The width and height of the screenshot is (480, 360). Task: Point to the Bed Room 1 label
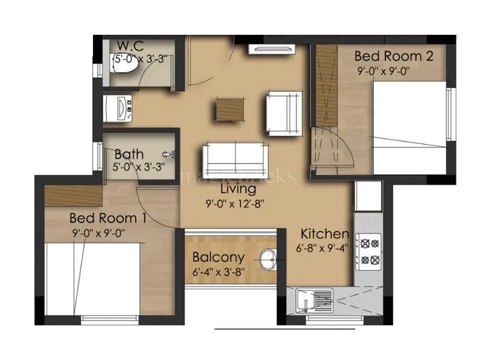[x=108, y=217]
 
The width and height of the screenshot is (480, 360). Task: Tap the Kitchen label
[x=325, y=234]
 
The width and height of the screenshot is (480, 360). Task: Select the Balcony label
[x=218, y=258]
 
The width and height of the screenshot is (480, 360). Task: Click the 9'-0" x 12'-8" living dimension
[x=232, y=203]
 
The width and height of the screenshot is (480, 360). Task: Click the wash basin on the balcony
[x=268, y=259]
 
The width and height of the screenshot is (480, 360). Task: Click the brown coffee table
[x=230, y=109]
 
